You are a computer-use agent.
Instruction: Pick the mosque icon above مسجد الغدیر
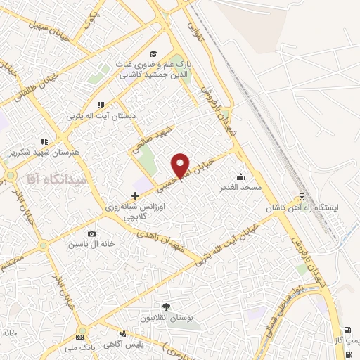tap(242, 176)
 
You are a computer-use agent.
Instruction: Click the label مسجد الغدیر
tap(243, 188)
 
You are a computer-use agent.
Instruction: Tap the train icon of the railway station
tap(302, 198)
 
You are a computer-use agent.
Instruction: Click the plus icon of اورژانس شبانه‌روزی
tap(135, 194)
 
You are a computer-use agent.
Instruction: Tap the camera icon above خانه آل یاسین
tap(91, 234)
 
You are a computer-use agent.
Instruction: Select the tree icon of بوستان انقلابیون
tap(166, 307)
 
